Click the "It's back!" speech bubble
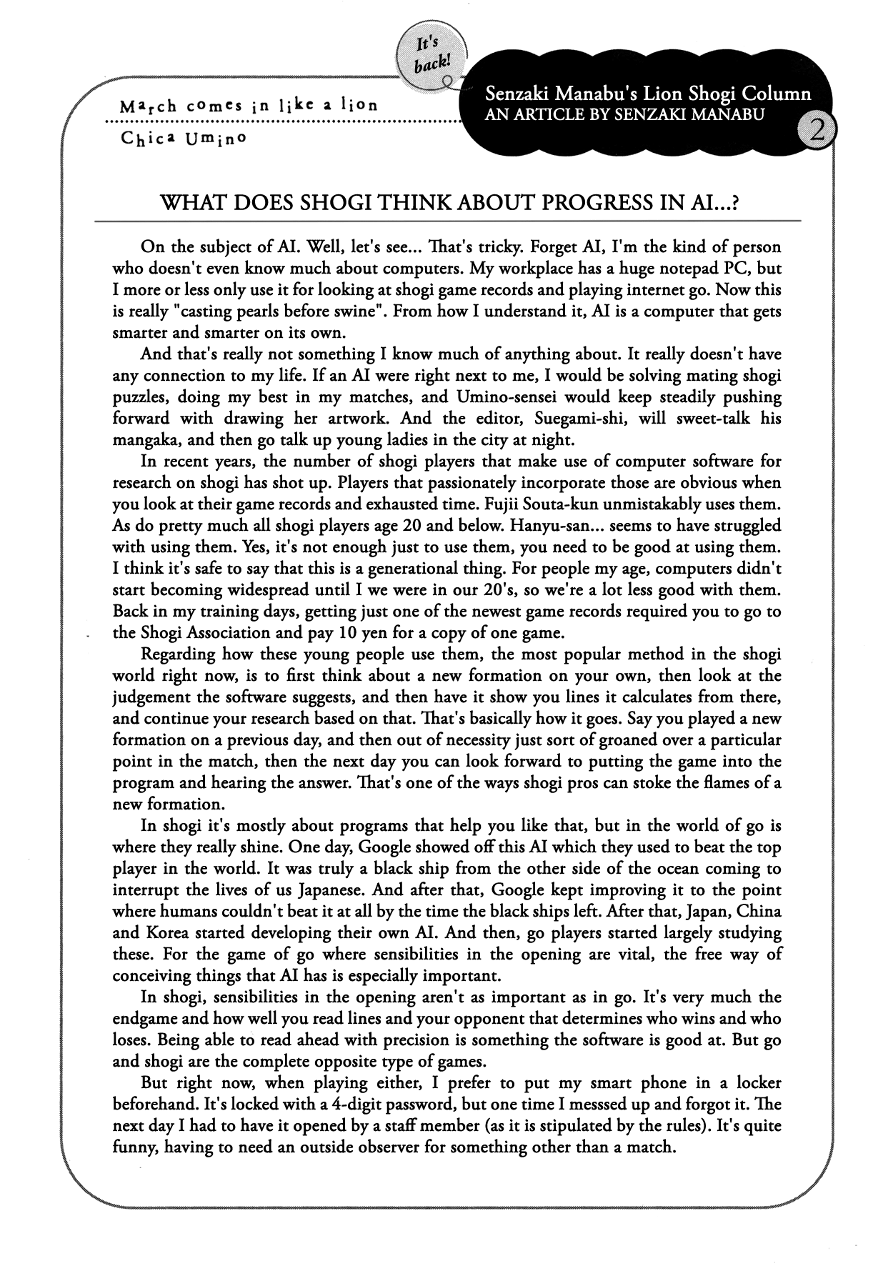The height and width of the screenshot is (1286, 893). pyautogui.click(x=431, y=56)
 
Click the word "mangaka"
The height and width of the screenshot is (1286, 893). pyautogui.click(x=144, y=439)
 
